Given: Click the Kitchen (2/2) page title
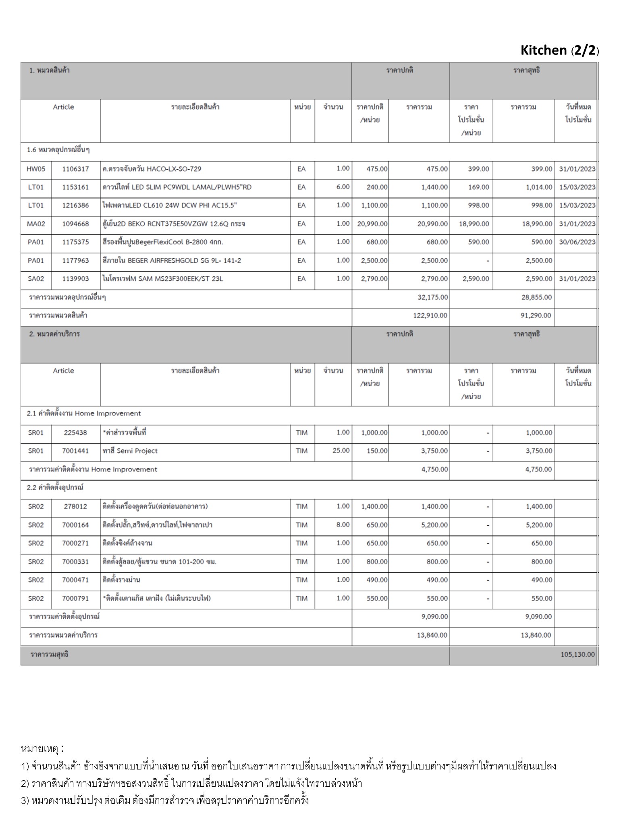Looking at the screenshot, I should [x=559, y=50].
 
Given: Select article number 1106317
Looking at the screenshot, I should [x=75, y=169].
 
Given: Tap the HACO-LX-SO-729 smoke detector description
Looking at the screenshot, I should [x=152, y=169].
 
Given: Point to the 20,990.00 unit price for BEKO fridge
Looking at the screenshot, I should [x=372, y=224].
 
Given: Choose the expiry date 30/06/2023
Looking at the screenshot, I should [x=577, y=242].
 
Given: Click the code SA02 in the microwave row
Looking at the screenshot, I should [x=36, y=278].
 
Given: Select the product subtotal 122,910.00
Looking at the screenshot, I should [x=430, y=315].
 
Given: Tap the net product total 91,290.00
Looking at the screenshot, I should [x=536, y=315].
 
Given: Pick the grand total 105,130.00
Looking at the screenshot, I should [x=577, y=654].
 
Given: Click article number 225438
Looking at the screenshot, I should [x=75, y=433].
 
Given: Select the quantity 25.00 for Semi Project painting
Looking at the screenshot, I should [x=341, y=450].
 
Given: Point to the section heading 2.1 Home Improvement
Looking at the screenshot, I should [x=84, y=413].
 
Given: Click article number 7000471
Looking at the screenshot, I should [x=75, y=580].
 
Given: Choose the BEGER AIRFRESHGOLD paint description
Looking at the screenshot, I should [x=172, y=260].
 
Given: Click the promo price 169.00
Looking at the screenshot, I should [x=478, y=187].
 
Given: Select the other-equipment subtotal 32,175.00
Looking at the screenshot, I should [x=432, y=297].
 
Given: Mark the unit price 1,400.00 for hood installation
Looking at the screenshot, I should [x=374, y=506].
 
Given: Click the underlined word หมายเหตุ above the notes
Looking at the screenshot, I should [x=39, y=749].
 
